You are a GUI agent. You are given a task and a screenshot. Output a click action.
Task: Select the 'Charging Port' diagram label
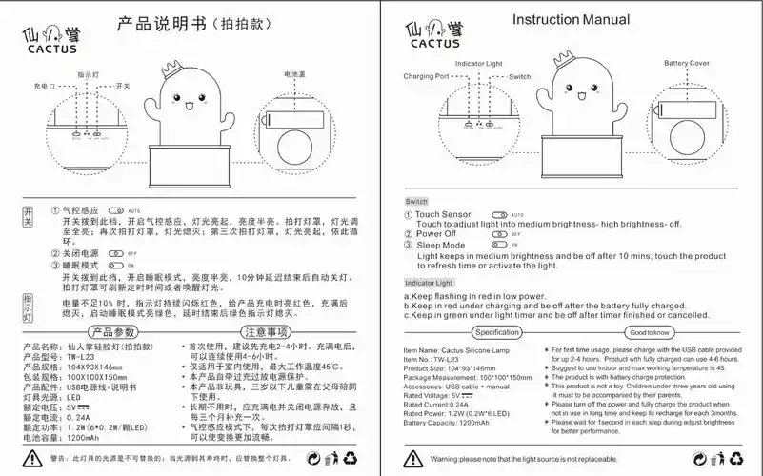click(426, 76)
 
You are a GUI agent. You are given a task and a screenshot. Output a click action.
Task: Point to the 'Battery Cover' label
click(688, 63)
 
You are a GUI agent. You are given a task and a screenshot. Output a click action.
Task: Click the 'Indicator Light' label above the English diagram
click(478, 63)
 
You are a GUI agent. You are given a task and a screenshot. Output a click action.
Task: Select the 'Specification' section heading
click(495, 332)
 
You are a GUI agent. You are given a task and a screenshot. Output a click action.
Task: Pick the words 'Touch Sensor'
click(443, 215)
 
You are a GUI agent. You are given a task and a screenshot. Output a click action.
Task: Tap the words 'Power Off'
click(436, 233)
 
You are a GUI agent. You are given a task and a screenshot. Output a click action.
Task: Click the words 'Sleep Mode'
click(440, 246)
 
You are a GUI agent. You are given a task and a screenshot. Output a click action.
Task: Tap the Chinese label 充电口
click(45, 86)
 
